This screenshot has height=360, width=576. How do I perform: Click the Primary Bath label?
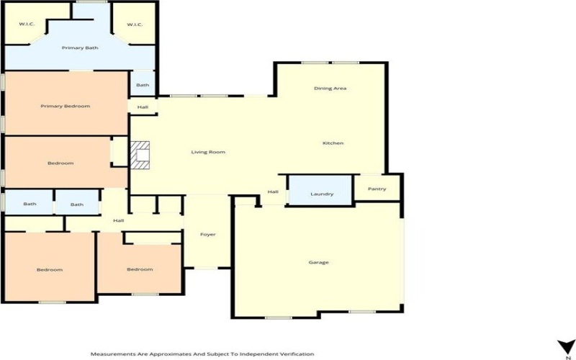pyautogui.click(x=80, y=48)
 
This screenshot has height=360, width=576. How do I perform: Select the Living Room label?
pyautogui.click(x=208, y=152)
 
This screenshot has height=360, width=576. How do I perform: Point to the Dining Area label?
pyautogui.click(x=330, y=89)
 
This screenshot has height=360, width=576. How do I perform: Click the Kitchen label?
pyautogui.click(x=333, y=143)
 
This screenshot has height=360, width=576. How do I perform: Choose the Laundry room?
pyautogui.click(x=321, y=194)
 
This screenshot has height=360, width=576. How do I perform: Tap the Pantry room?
pyautogui.click(x=377, y=189)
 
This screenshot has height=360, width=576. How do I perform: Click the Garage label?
pyautogui.click(x=318, y=262)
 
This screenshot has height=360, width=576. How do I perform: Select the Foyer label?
pyautogui.click(x=208, y=235)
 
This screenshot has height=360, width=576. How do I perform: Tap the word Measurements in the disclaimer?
pyautogui.click(x=112, y=354)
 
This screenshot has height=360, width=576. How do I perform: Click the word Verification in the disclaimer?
pyautogui.click(x=295, y=354)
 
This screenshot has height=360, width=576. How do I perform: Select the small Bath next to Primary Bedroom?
pyautogui.click(x=143, y=85)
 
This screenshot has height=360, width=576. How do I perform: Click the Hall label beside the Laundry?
pyautogui.click(x=273, y=192)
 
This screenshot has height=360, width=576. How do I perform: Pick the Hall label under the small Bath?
pyautogui.click(x=143, y=107)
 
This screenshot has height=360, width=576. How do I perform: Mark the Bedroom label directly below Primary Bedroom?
pyautogui.click(x=60, y=163)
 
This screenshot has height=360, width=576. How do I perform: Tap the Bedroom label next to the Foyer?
pyautogui.click(x=140, y=269)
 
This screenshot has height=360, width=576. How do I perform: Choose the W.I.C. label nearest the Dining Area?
pyautogui.click(x=135, y=25)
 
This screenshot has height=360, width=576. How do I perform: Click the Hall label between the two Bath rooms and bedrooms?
pyautogui.click(x=119, y=220)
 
